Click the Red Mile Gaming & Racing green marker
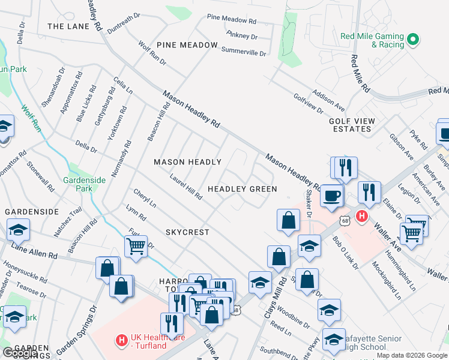[x=412, y=40]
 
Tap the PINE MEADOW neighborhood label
[x=187, y=46]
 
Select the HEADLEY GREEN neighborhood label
[x=242, y=189]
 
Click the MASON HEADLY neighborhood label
[x=187, y=163]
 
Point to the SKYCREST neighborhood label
[x=187, y=232]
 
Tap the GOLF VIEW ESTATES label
[x=352, y=125]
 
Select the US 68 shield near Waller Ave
[x=344, y=221]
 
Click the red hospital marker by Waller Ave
[x=361, y=217]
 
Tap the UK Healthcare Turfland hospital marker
[x=121, y=340]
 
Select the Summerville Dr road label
[x=243, y=51]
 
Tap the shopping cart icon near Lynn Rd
[x=136, y=245]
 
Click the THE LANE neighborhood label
[x=68, y=26]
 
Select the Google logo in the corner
[x=19, y=353]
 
